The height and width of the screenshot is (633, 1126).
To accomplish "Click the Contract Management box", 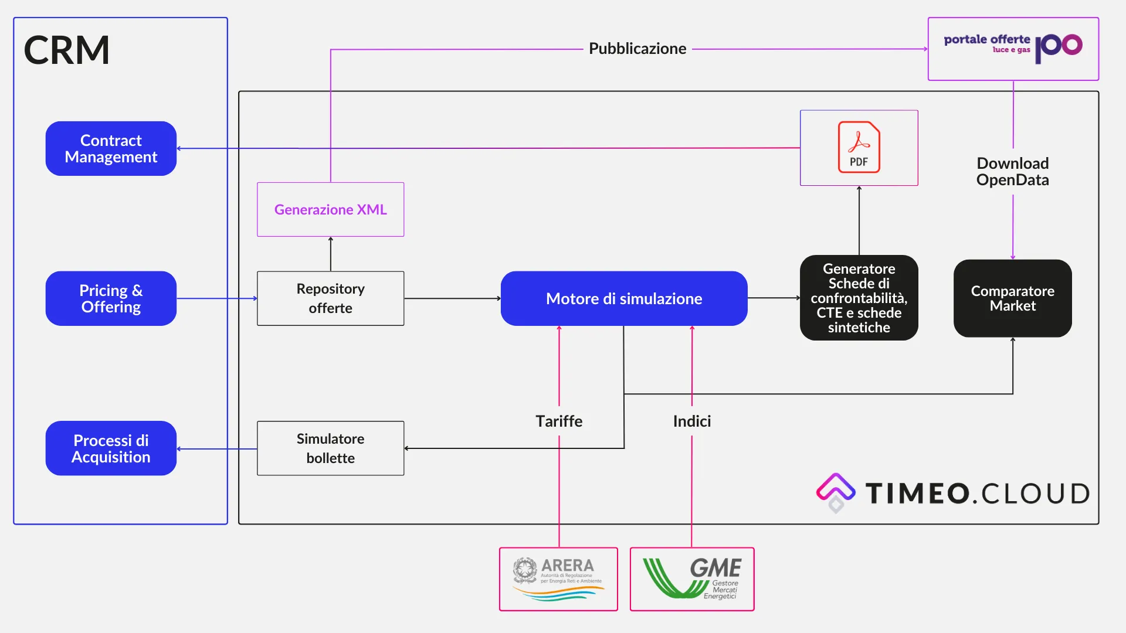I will [x=111, y=149].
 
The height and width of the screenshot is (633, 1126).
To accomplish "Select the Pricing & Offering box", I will [x=111, y=298].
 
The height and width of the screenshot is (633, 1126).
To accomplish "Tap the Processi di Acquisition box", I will [x=111, y=448].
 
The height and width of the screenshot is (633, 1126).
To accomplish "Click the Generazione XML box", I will [x=330, y=209].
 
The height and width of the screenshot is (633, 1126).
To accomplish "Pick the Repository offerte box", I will [x=330, y=298].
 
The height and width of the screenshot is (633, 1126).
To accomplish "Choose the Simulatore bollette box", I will [x=330, y=448].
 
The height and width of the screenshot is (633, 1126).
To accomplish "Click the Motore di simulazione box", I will [x=624, y=298].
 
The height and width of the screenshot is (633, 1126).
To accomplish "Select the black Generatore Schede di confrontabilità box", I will [x=859, y=298].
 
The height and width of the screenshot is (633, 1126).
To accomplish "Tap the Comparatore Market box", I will [x=1012, y=298].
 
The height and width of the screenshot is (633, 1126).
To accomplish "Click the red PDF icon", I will [x=859, y=147].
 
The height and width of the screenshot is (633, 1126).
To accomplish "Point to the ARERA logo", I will [x=558, y=579].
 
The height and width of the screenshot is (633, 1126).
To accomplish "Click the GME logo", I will [x=692, y=579].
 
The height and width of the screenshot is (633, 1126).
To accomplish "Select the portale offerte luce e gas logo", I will [x=1013, y=47].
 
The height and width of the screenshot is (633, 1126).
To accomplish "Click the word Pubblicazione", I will [x=637, y=49].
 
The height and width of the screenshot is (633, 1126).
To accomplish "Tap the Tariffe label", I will [x=559, y=421].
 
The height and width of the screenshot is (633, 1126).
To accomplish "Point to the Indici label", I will [x=692, y=421].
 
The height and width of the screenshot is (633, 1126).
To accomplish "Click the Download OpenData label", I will [x=1012, y=172].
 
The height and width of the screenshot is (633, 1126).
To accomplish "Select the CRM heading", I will [x=67, y=50].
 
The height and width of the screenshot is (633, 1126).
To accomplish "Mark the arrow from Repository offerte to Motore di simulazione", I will [x=452, y=298].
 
